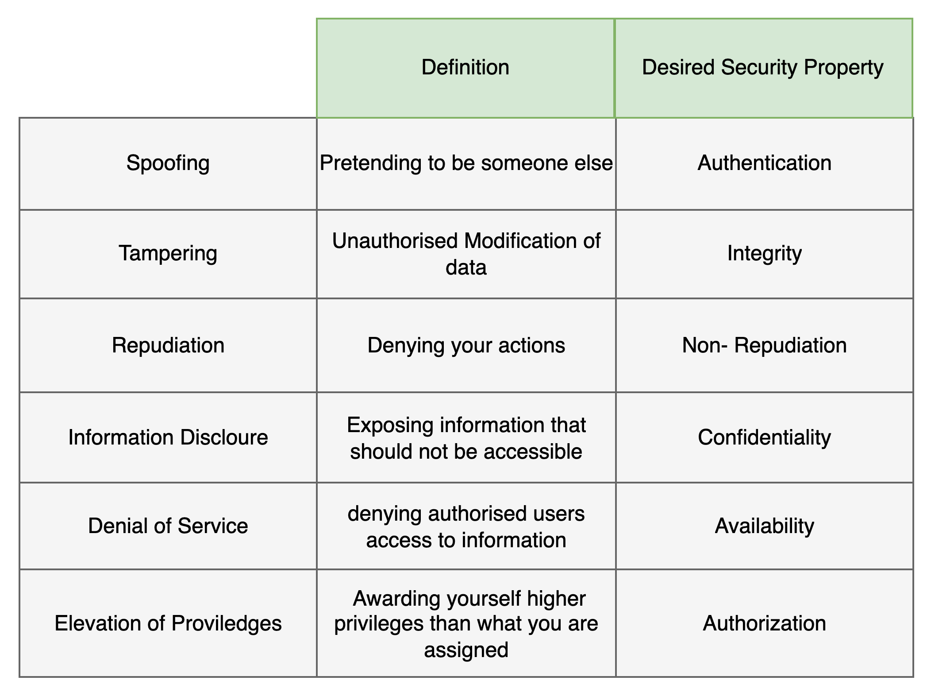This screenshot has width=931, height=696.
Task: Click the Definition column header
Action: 465,68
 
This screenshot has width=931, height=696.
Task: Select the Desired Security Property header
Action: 762,68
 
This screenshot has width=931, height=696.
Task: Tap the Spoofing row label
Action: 168,163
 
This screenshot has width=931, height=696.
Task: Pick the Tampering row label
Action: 168,254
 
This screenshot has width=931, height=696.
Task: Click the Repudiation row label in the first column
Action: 168,345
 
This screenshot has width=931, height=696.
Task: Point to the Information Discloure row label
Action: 168,437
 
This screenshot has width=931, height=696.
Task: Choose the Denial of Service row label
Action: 168,526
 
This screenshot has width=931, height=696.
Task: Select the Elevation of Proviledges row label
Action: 168,623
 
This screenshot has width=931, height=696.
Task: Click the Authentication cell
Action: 764,163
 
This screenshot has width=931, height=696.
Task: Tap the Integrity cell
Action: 764,254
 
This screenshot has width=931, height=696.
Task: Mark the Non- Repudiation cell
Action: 764,345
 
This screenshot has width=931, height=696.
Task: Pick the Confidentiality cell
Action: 764,437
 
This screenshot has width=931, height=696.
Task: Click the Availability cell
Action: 764,526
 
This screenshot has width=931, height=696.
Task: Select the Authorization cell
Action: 764,623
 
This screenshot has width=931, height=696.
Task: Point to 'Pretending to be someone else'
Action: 466,163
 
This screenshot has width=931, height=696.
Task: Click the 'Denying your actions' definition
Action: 466,346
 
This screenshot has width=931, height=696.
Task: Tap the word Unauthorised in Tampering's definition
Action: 395,241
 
